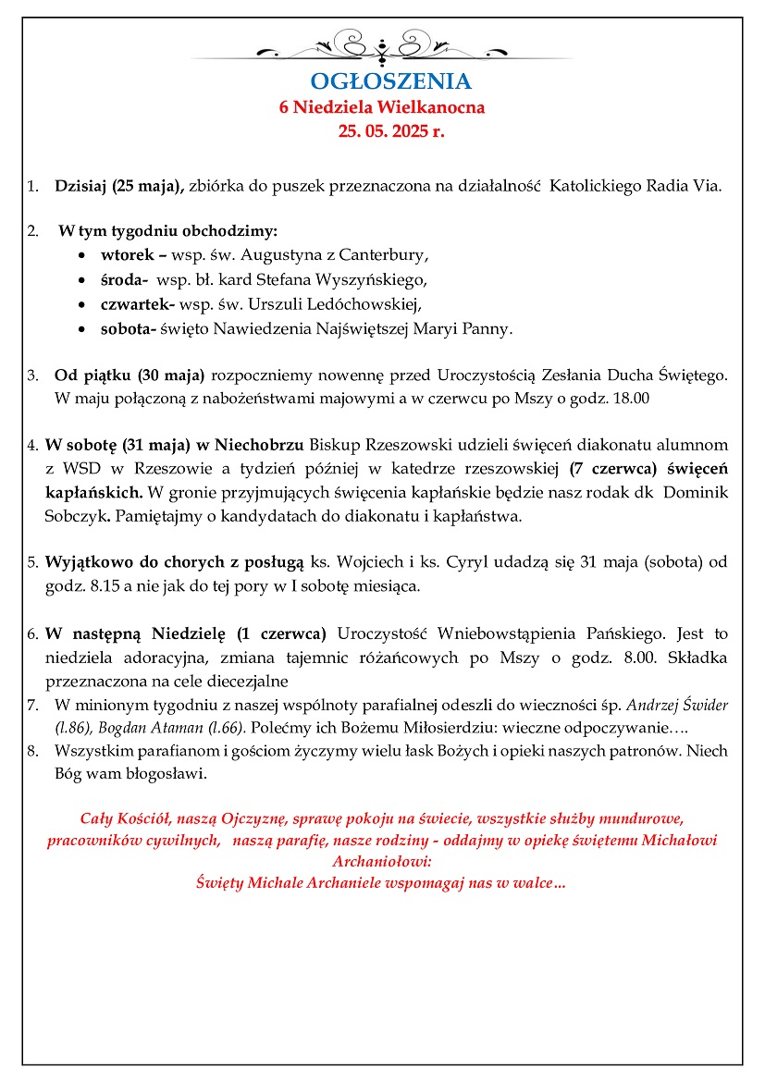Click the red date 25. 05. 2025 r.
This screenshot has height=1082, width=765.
click(x=391, y=131)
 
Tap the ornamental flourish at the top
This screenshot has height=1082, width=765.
click(x=382, y=44)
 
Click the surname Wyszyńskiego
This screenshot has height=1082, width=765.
click(x=380, y=278)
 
